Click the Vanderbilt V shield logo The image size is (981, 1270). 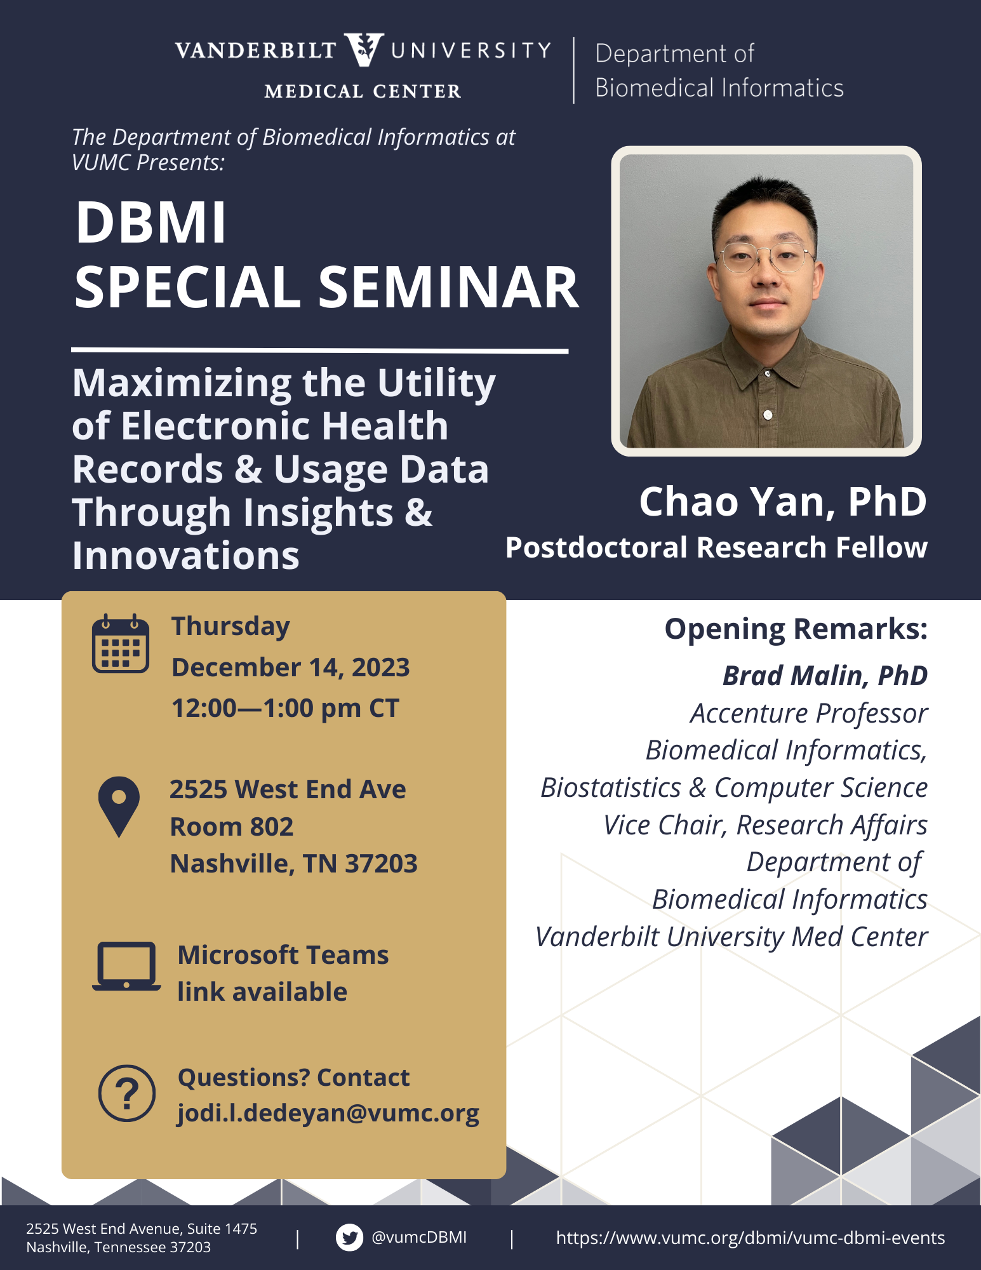[x=364, y=50]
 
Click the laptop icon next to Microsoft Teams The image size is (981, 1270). [x=126, y=966]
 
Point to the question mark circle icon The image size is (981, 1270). [x=127, y=1093]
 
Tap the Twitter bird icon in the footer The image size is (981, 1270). [x=349, y=1238]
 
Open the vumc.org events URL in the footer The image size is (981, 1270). [x=751, y=1238]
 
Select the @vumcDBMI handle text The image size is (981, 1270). [x=419, y=1237]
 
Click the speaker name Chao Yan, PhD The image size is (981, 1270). [x=783, y=502]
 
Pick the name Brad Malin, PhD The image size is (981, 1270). [x=825, y=676]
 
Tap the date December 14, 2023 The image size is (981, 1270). [x=291, y=668]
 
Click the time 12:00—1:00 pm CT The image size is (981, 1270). [x=286, y=709]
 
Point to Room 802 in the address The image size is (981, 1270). [x=232, y=827]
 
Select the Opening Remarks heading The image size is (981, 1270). [x=796, y=629]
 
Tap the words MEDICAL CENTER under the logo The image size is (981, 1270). [x=363, y=91]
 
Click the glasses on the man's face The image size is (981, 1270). [x=766, y=257]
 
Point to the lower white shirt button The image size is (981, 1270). [x=768, y=415]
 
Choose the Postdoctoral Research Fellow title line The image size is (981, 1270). [x=716, y=547]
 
